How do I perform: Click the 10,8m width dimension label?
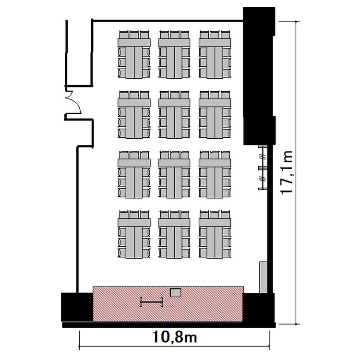[175, 337]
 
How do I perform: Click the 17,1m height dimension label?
[287, 173]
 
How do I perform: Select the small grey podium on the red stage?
[175, 293]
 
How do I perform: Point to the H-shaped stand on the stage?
[152, 302]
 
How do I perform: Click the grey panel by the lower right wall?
[264, 277]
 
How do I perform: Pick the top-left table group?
[134, 54]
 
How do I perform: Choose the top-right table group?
[215, 54]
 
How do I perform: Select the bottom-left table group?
[134, 234]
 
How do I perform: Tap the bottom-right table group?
[215, 234]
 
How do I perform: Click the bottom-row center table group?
[174, 234]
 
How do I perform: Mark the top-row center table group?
[174, 54]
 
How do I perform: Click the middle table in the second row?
[174, 115]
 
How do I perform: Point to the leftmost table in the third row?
[134, 175]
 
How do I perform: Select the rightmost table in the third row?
[215, 175]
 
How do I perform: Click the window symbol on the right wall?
[263, 168]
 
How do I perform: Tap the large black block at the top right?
[259, 76]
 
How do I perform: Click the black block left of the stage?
[77, 307]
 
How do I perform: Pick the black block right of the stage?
[259, 308]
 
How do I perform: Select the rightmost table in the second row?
[215, 115]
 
